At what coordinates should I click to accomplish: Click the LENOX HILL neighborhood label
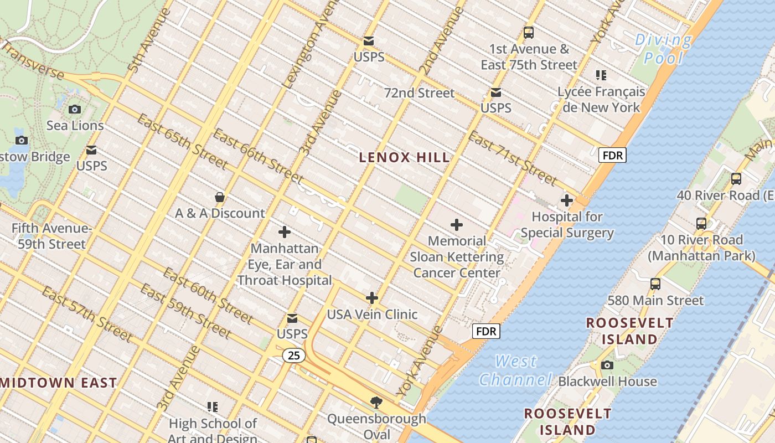pos(404,158)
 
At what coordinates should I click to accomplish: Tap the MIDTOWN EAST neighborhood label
pos(59,383)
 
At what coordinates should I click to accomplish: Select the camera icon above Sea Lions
pos(75,109)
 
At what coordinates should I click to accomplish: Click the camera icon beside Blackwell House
pos(607,365)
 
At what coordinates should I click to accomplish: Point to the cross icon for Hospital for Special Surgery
pos(567,200)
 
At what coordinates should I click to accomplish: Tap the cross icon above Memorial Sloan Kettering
pos(457,225)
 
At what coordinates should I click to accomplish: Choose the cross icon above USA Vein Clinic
pos(372,298)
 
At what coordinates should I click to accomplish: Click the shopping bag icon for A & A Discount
pos(220,197)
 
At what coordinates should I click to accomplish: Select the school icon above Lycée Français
pos(601,75)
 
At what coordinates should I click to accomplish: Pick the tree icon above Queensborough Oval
pos(376,402)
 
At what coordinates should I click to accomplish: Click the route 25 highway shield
pos(293,355)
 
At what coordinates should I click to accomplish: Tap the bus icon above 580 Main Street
pos(655,284)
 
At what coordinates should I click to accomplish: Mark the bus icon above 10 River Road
pos(701,224)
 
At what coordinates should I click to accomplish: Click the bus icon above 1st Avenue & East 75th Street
pos(529,33)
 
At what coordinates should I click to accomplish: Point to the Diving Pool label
pos(663,49)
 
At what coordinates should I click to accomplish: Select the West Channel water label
pos(515,370)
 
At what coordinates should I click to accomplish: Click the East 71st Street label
pos(512,159)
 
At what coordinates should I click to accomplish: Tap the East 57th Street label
pos(87,315)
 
